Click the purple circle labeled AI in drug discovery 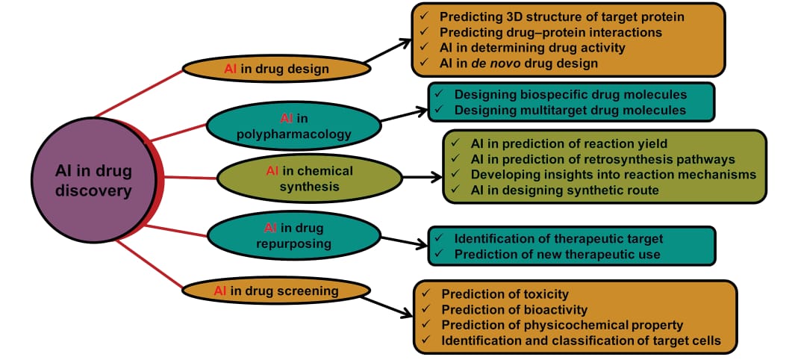(x=93, y=181)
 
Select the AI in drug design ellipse (x=276, y=69)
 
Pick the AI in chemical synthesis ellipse (x=309, y=179)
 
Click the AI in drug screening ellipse (x=276, y=291)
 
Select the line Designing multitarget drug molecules (x=570, y=111)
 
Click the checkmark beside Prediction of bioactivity (x=426, y=309)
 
